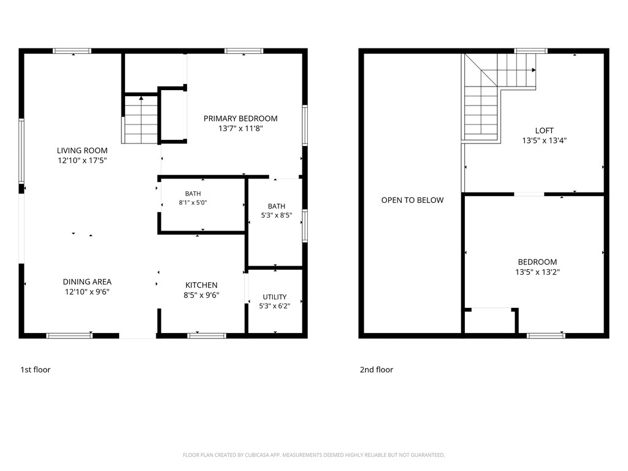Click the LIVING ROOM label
coord(82,151)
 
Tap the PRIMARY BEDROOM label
coord(240,118)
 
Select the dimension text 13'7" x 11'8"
coord(240,129)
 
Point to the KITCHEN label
coord(201,285)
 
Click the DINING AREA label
coord(87,282)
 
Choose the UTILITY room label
coord(275,297)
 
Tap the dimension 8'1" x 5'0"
coord(193,202)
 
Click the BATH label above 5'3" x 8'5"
coord(277,206)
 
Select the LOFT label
coord(545,131)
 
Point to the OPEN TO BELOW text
coord(413,201)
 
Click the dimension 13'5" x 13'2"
coord(537,272)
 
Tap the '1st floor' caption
coord(36,370)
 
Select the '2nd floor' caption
coord(377,370)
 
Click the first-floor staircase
coord(141,120)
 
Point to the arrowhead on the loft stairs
coord(534,70)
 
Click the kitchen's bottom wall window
coord(207,335)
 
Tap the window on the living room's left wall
coord(21,151)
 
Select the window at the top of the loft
coord(530,51)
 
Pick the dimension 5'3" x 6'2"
coord(275,306)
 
